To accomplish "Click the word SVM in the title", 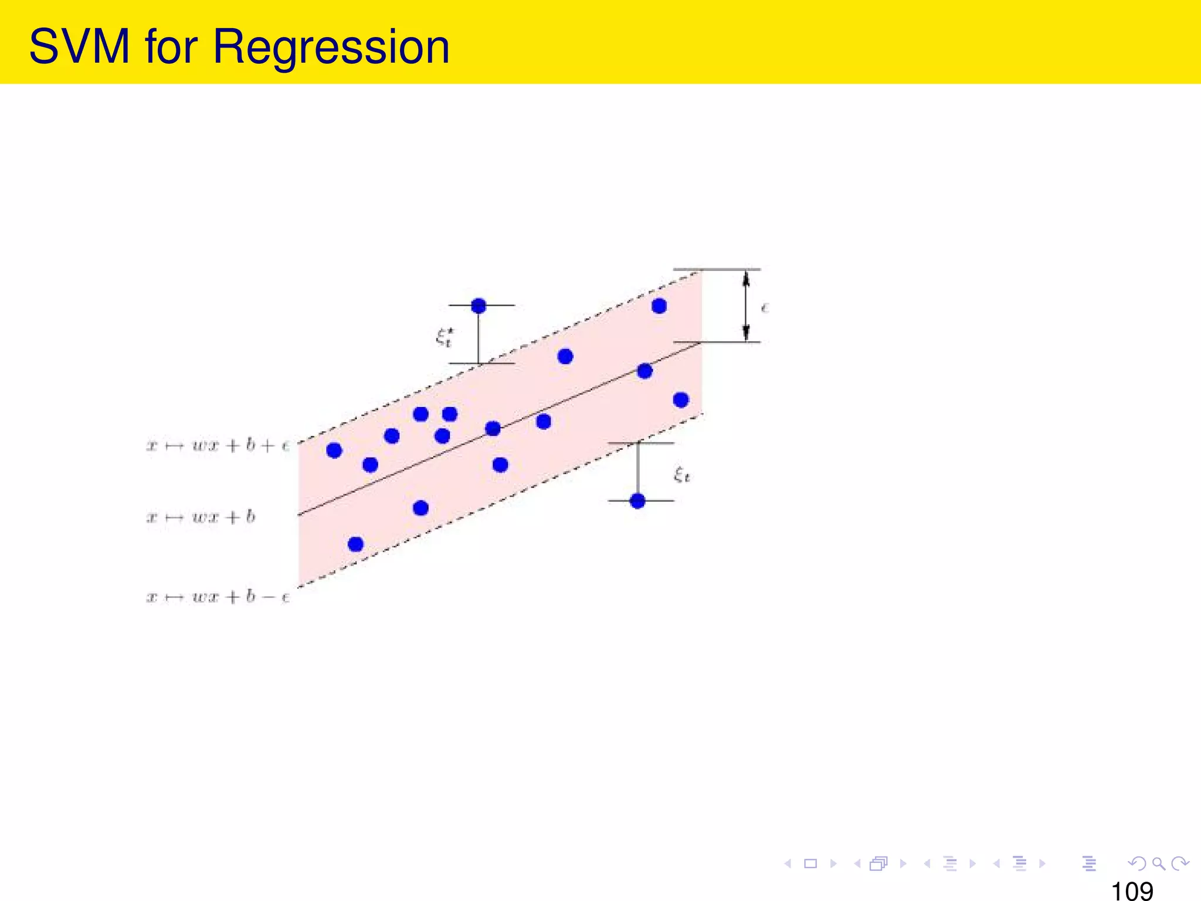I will coord(79,46).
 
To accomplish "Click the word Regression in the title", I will coord(331,48).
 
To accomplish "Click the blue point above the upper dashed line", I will coord(479,306).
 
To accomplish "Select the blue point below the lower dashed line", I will coord(637,501).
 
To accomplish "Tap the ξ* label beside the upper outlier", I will coord(445,337).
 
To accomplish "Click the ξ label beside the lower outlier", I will coord(681,474).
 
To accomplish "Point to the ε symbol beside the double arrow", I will coord(765,308).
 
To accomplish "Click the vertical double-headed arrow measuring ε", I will coord(746,306).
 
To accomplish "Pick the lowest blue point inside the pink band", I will coord(355,544).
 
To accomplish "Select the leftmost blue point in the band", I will coord(334,450).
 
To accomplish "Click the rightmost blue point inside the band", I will coord(680,400).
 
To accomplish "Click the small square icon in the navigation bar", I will coord(810,863).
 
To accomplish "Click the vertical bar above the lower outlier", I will coord(638,469).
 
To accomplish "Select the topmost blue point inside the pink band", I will coord(659,306).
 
